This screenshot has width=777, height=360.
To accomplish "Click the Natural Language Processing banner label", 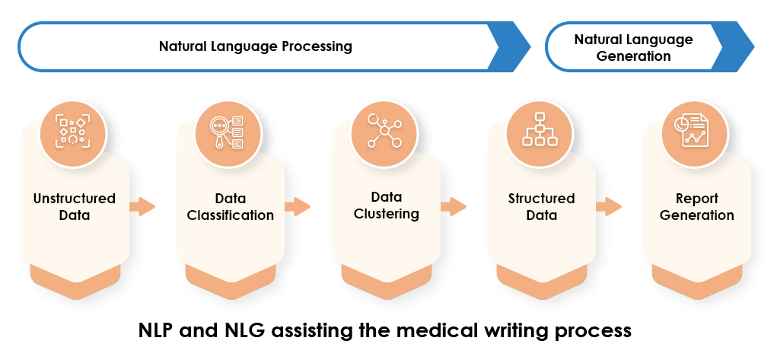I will [x=255, y=46].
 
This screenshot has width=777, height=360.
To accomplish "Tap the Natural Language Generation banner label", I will [x=633, y=47].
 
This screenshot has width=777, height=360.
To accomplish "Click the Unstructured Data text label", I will [x=75, y=207].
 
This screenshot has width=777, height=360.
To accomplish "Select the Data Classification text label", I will [x=231, y=207].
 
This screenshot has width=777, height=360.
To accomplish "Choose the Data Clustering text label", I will [x=387, y=205].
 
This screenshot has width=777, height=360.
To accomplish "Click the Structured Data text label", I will [x=542, y=207].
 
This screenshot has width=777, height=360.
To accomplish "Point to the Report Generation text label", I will [x=697, y=207].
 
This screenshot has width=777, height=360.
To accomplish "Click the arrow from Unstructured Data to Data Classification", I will [x=142, y=206].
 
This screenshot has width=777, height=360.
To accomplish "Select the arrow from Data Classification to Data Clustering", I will [x=298, y=206].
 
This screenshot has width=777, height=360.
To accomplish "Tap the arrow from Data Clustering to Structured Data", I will [x=454, y=206].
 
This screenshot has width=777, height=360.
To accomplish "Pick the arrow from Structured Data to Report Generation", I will [x=609, y=206].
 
